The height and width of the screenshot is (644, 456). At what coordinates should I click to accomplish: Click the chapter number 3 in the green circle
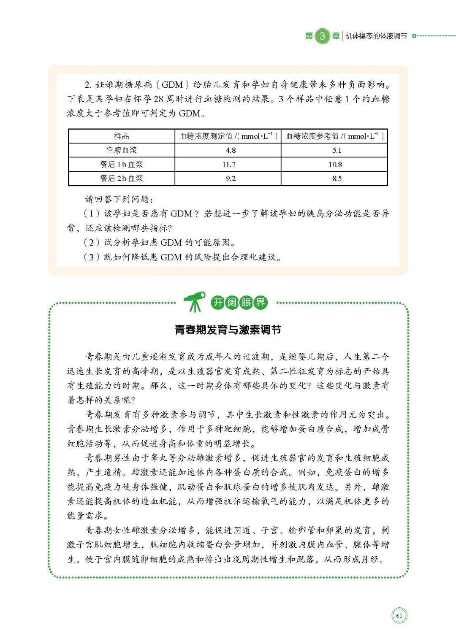[323, 36]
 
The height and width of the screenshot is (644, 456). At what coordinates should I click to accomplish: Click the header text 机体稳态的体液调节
[376, 36]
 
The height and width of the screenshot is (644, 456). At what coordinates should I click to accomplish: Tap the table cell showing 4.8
[231, 150]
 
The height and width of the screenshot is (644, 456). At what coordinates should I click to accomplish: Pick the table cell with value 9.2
[231, 179]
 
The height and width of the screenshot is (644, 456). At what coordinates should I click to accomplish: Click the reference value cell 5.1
[337, 150]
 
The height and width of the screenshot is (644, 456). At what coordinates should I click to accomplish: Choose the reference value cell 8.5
[337, 179]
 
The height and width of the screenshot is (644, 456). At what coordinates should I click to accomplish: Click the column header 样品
[122, 136]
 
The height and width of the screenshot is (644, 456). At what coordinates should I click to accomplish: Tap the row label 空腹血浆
[122, 150]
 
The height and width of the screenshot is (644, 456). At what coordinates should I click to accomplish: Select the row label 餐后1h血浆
[122, 165]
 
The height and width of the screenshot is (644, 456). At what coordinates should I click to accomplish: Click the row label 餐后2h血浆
[122, 179]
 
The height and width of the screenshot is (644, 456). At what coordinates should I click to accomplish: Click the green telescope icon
[195, 301]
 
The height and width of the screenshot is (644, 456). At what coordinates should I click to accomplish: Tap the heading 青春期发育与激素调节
[228, 330]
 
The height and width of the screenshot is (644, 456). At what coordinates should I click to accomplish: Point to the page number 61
[399, 616]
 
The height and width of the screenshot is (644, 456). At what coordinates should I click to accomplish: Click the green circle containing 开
[218, 302]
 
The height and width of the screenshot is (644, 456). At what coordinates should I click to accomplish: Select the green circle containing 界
[261, 302]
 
